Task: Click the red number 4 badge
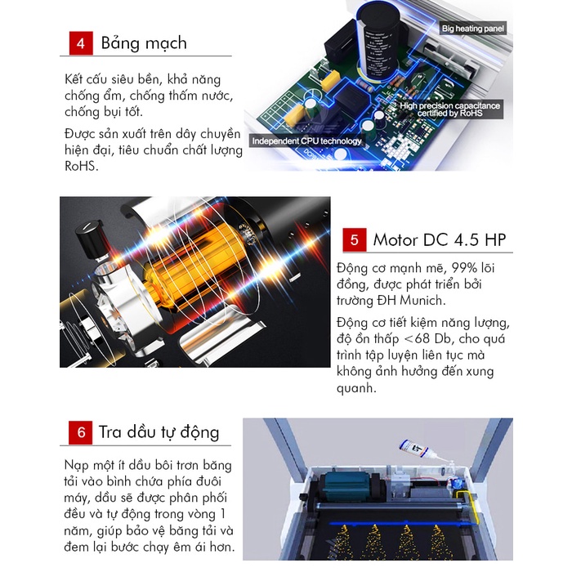tap(81, 43)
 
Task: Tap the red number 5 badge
tap(355, 239)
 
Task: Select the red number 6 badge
tap(81, 432)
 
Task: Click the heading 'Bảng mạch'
tap(144, 43)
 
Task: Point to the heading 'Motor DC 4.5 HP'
tap(440, 240)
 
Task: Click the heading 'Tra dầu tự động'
tap(159, 432)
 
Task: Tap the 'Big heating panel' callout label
tap(473, 28)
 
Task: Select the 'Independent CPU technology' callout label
tap(306, 141)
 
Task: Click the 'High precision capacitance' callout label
tap(449, 109)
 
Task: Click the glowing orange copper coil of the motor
tap(197, 270)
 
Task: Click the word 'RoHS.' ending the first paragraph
tap(82, 167)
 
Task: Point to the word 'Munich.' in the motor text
tap(422, 300)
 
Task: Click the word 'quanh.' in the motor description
tap(356, 388)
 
